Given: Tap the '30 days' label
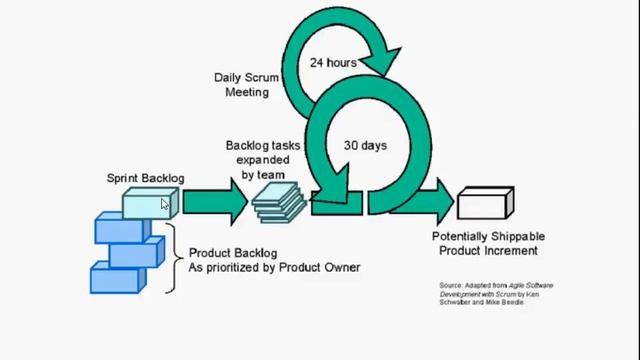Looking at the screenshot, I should click(x=366, y=146).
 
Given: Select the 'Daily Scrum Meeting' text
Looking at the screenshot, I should click(x=241, y=85).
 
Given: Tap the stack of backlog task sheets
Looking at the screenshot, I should click(x=278, y=205).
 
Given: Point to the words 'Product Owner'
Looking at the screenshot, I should click(x=319, y=268).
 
